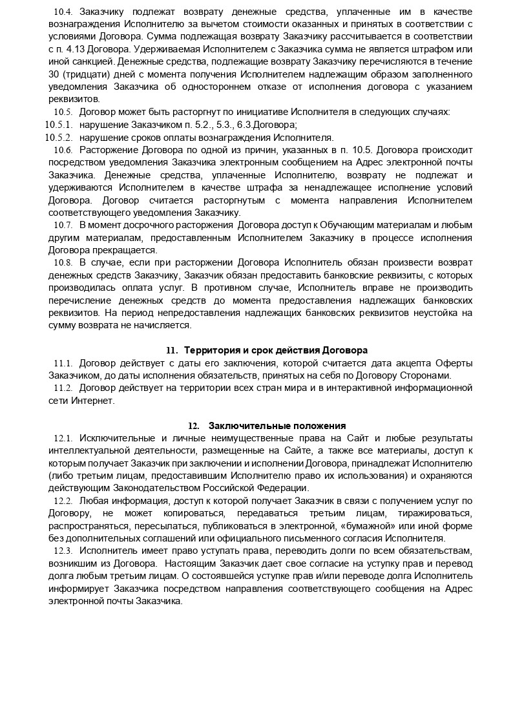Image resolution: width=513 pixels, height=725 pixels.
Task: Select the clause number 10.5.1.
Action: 59,124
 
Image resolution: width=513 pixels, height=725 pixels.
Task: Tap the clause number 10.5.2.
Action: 59,137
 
